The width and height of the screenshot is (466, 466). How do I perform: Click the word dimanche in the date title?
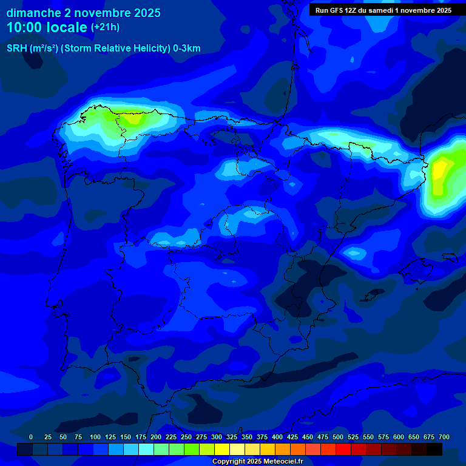(34, 13)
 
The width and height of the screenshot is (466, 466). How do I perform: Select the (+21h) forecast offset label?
(105, 27)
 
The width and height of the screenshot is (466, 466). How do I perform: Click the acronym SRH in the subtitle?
(17, 49)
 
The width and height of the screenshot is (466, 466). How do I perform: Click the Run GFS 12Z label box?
(383, 10)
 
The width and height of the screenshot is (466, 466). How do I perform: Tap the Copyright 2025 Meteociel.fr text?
(258, 461)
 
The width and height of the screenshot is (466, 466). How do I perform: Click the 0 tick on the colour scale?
(31, 437)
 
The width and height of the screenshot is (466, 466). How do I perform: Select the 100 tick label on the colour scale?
(95, 437)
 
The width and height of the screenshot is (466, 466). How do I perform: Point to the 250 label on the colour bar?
(186, 437)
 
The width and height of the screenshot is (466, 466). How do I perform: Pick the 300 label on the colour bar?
(217, 437)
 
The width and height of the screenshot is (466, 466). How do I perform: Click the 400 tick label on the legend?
(277, 437)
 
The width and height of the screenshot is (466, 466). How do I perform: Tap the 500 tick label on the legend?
(338, 437)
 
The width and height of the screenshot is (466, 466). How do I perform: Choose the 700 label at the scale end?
(444, 437)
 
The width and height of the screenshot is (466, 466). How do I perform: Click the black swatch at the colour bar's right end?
(434, 449)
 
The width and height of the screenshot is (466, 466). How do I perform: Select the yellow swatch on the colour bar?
(222, 449)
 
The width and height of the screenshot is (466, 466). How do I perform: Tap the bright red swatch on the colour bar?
(343, 449)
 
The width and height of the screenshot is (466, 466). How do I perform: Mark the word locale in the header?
(68, 27)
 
